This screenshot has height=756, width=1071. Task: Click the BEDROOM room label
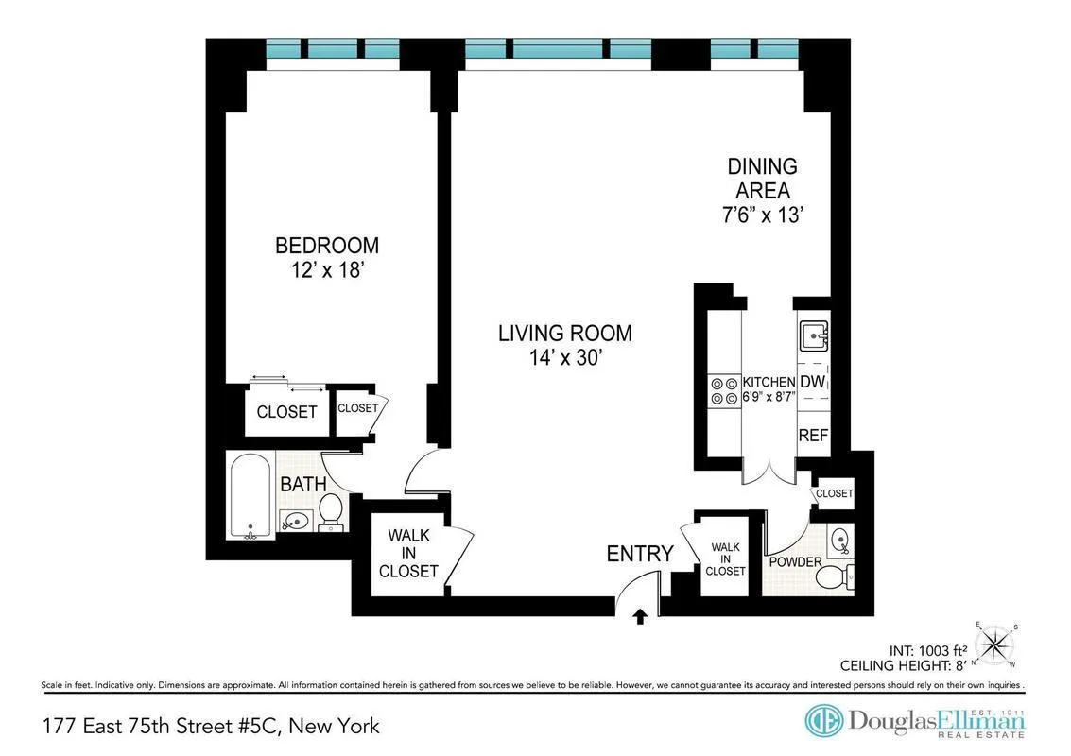click(326, 246)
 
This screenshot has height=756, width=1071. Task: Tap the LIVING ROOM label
click(565, 334)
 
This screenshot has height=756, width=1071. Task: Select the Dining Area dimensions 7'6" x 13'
click(762, 215)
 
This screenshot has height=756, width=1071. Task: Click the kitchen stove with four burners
click(724, 391)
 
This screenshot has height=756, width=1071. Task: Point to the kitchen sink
click(814, 335)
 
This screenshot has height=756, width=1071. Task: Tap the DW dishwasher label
click(812, 382)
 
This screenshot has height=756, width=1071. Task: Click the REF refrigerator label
click(813, 436)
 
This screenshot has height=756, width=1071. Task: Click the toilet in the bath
click(330, 511)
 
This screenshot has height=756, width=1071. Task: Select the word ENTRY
click(640, 554)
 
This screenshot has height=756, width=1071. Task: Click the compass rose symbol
click(995, 645)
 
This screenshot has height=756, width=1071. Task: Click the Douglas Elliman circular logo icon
click(822, 720)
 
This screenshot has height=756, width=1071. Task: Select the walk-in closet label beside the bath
click(408, 554)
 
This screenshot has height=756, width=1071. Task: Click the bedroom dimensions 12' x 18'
click(326, 270)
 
